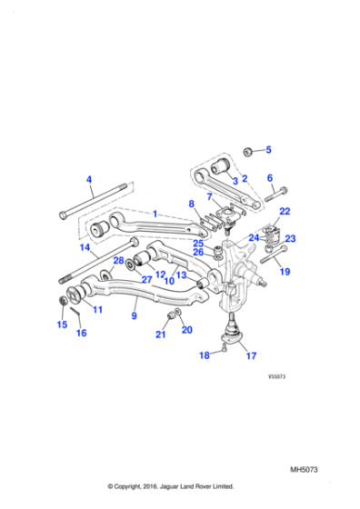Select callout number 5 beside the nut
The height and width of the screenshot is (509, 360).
[267, 149]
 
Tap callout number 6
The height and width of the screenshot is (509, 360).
[269, 177]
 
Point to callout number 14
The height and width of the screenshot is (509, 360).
[85, 246]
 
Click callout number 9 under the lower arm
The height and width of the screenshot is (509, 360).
[134, 316]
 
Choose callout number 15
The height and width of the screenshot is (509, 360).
[62, 324]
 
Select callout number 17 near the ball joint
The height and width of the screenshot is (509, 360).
[252, 355]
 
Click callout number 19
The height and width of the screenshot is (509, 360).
[284, 272]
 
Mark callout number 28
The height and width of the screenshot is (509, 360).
[117, 261]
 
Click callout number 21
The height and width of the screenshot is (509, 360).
[160, 334]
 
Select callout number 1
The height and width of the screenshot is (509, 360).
[155, 214]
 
